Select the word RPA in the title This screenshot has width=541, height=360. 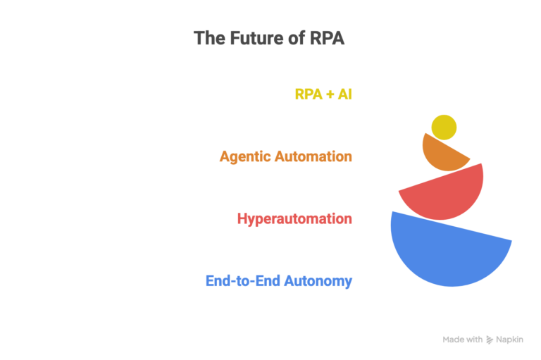(x=327, y=38)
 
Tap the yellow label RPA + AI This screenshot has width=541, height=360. (x=323, y=94)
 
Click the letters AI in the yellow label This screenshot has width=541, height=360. (x=344, y=94)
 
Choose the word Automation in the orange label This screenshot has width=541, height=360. (x=313, y=156)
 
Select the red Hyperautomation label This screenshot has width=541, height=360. (x=294, y=218)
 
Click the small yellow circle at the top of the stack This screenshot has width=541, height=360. (x=444, y=128)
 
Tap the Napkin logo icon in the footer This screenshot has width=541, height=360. (x=490, y=340)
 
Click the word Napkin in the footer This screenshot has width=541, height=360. (x=509, y=340)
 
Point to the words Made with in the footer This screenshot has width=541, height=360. (x=463, y=340)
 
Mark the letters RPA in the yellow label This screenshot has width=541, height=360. (x=309, y=94)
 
